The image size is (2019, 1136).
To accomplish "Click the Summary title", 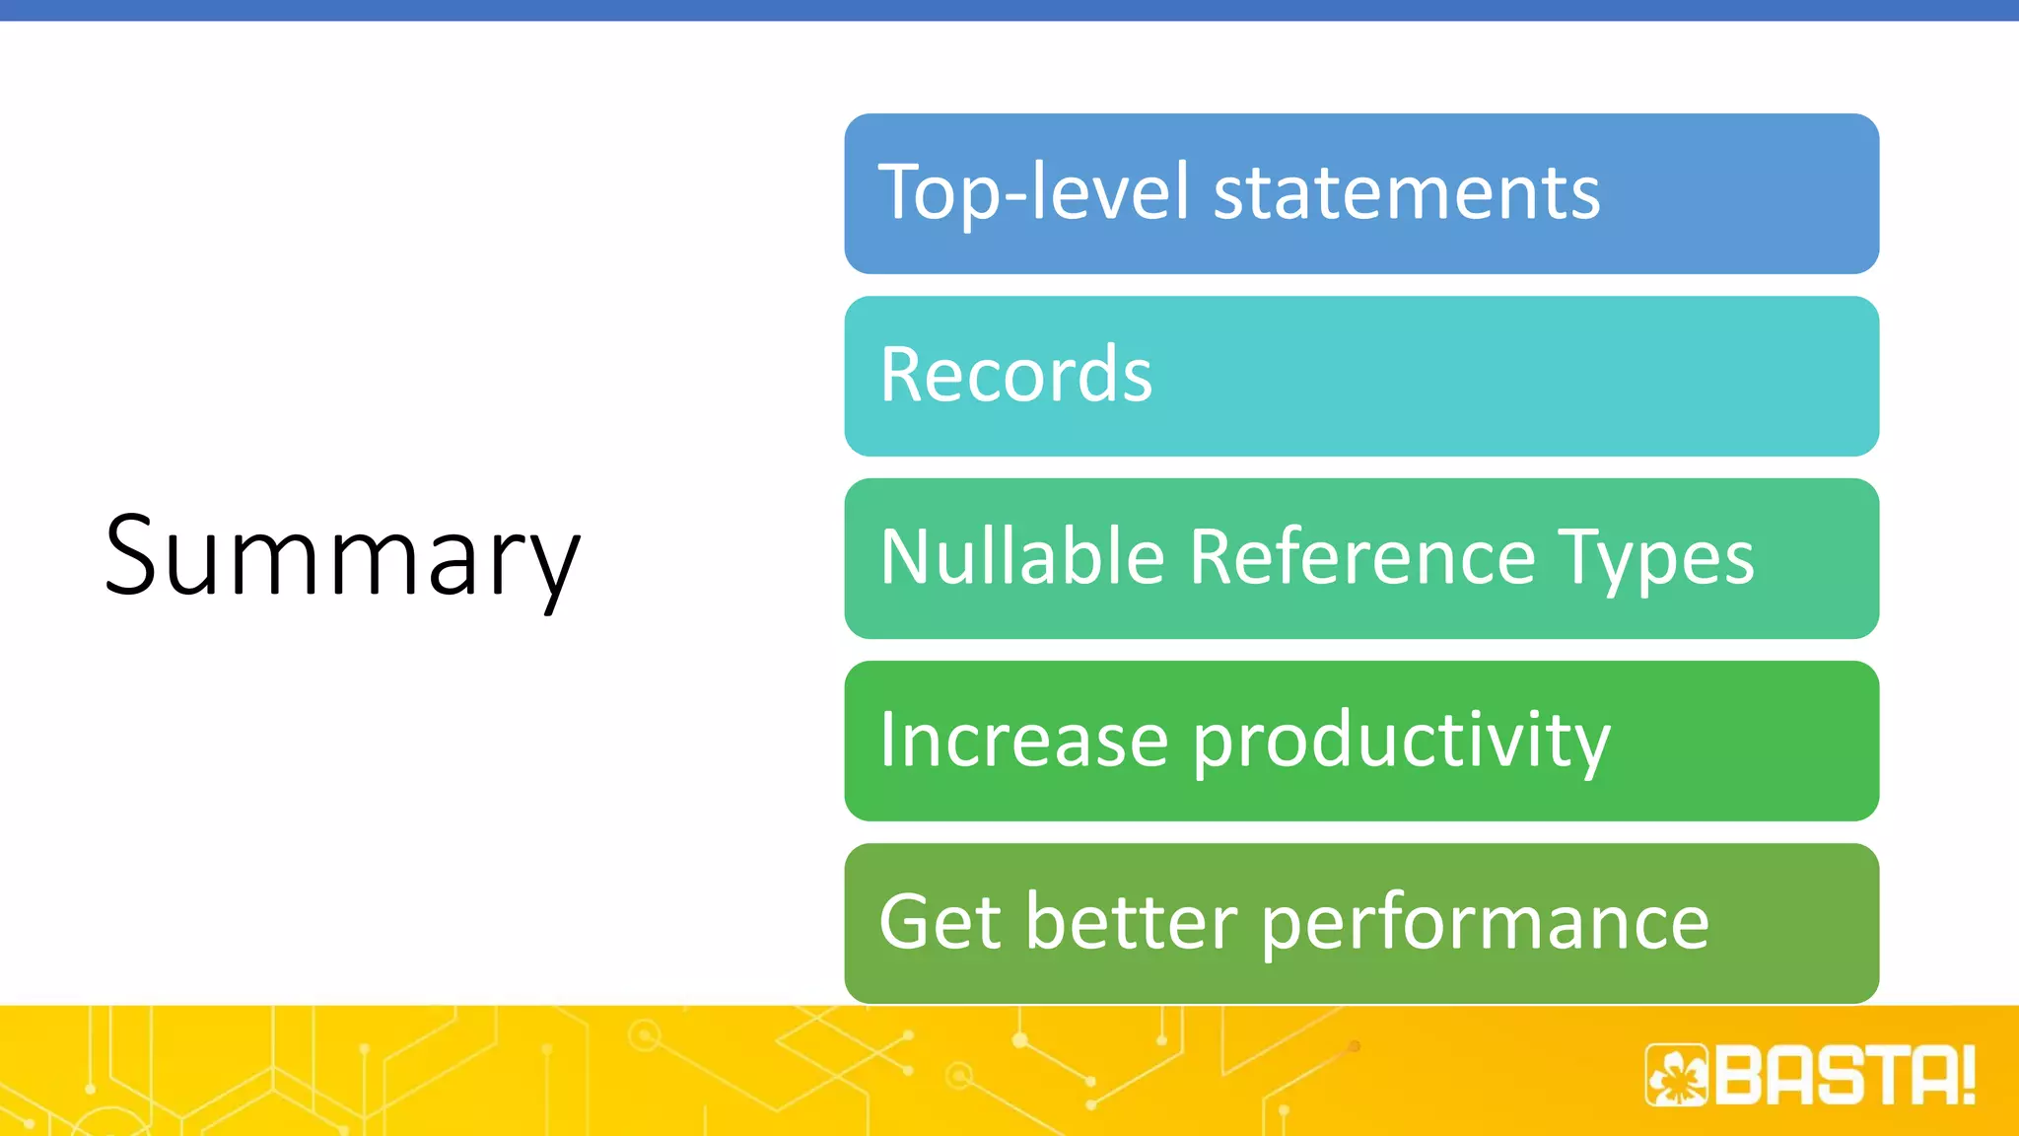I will pos(342,557).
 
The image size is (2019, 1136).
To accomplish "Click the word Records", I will pos(1015,375).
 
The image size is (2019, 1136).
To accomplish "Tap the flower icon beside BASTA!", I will pos(1676,1076).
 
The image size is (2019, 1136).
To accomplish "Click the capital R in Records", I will pos(903,375).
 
